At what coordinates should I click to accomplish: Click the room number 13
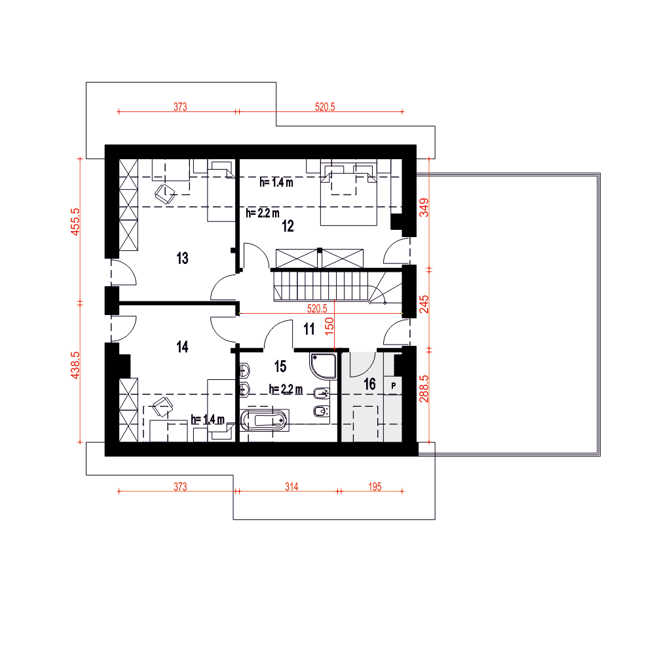(x=182, y=258)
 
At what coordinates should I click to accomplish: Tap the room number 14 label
(x=182, y=346)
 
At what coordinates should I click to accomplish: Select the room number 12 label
(x=288, y=227)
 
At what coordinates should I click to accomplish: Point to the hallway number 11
(x=309, y=329)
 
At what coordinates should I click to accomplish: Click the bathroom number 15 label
(x=280, y=367)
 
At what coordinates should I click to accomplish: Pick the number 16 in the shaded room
(x=369, y=384)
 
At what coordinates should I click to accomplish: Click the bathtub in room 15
(x=264, y=421)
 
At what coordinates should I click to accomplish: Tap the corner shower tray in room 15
(x=324, y=366)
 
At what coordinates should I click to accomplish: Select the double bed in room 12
(x=349, y=195)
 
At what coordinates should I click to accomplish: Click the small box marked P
(x=393, y=386)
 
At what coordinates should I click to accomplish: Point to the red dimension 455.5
(x=75, y=222)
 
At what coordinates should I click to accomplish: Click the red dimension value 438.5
(x=75, y=365)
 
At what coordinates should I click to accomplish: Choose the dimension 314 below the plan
(x=291, y=487)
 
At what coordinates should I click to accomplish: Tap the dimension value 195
(x=375, y=487)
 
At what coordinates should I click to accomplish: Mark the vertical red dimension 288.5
(x=424, y=388)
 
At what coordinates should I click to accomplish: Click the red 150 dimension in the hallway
(x=329, y=326)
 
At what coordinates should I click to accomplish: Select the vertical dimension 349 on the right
(x=424, y=208)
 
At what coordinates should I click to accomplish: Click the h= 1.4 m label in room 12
(x=276, y=182)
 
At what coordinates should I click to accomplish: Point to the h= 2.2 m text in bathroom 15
(x=286, y=389)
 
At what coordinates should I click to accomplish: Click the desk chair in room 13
(x=165, y=193)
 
